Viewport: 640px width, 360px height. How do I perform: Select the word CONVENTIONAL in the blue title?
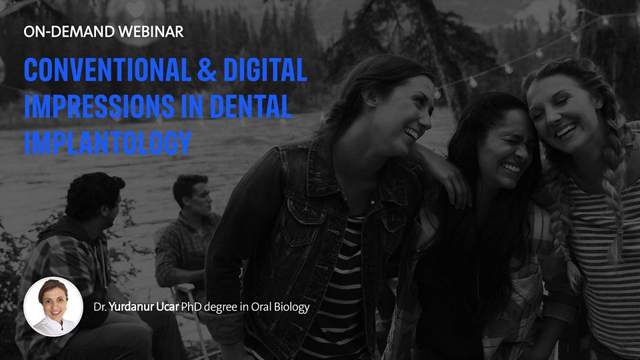pyautogui.click(x=107, y=69)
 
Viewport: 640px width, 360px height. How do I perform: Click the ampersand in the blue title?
pyautogui.click(x=207, y=69)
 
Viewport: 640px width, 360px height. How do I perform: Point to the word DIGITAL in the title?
pyautogui.click(x=265, y=69)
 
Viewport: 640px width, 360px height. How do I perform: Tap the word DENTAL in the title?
pyautogui.click(x=251, y=106)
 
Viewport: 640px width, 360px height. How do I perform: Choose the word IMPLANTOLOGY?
pyautogui.click(x=107, y=143)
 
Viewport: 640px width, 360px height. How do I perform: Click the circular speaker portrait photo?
pyautogui.click(x=53, y=306)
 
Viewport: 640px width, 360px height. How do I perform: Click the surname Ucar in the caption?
pyautogui.click(x=167, y=307)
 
